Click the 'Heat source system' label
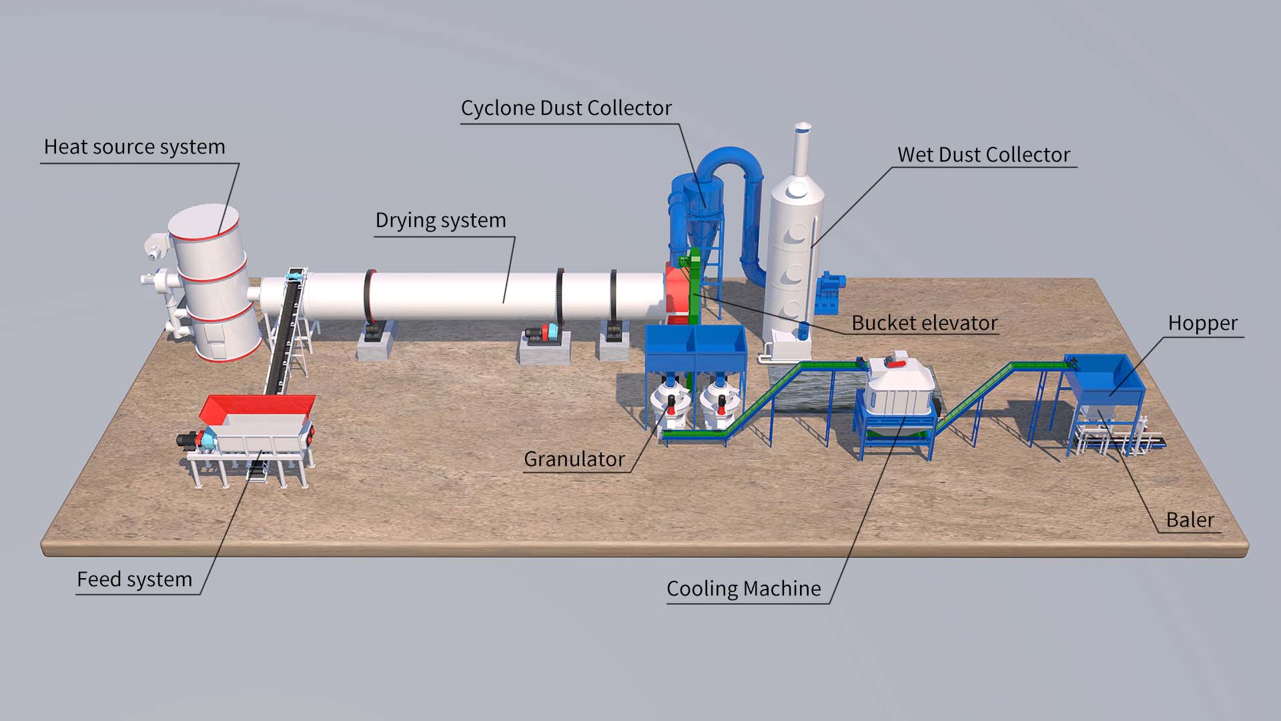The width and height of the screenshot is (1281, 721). [x=134, y=147]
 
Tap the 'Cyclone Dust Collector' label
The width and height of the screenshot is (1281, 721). [x=566, y=108]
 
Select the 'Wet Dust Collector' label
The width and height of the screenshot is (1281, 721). [x=983, y=155]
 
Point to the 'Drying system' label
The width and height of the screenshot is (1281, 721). [x=440, y=220]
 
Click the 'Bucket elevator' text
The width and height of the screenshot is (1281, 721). [x=924, y=323]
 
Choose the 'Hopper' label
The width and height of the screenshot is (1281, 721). [x=1202, y=323]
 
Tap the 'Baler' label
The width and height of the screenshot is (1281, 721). [x=1190, y=520]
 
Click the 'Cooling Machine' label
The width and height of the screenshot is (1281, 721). [x=743, y=589]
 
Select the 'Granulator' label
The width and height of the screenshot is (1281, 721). [x=574, y=459]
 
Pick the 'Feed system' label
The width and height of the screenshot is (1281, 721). [x=134, y=579]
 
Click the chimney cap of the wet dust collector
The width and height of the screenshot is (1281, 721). [x=803, y=127]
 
